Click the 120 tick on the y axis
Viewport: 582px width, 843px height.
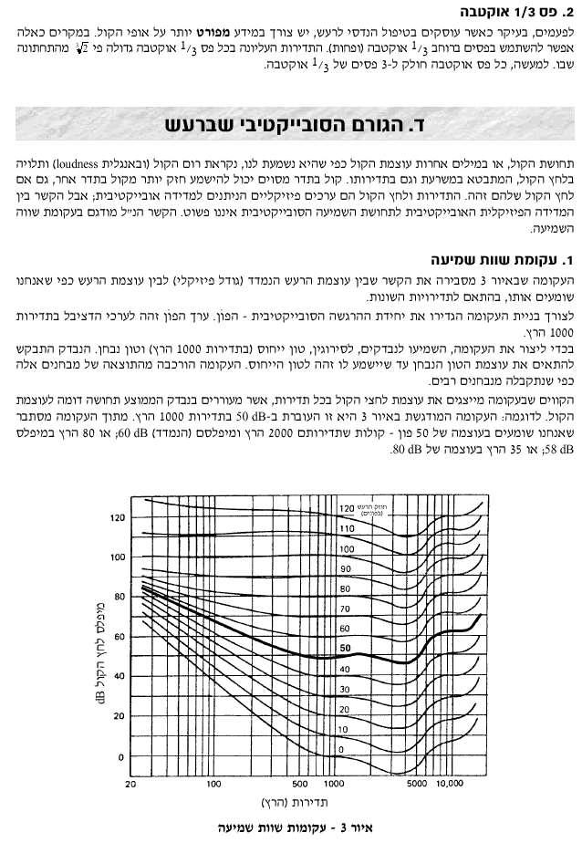pos(116,517)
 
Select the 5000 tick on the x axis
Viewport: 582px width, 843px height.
pos(417,783)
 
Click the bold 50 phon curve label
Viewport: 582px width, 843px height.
pos(345,648)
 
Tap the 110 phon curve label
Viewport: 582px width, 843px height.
pos(345,528)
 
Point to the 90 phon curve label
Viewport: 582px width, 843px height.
pos(345,568)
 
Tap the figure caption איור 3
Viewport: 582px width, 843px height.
pos(291,828)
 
